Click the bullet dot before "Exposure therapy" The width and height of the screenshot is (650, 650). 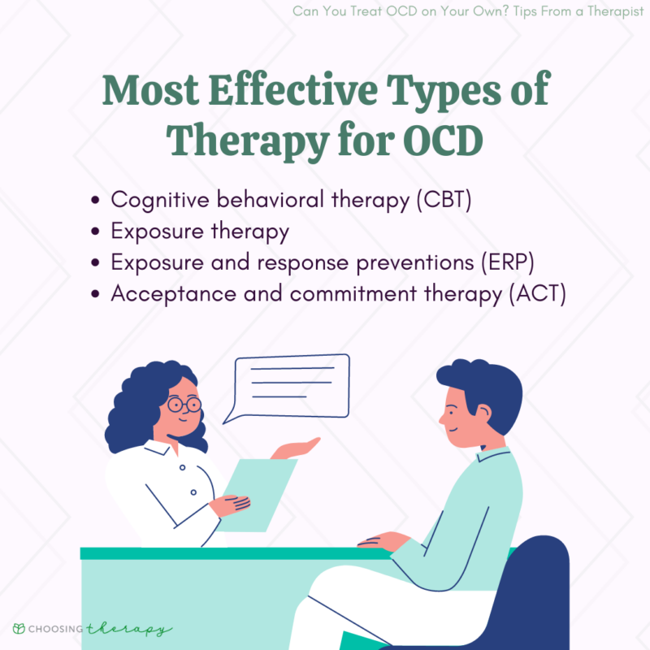coord(97,232)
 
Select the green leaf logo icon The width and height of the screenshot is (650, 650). coord(19,629)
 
